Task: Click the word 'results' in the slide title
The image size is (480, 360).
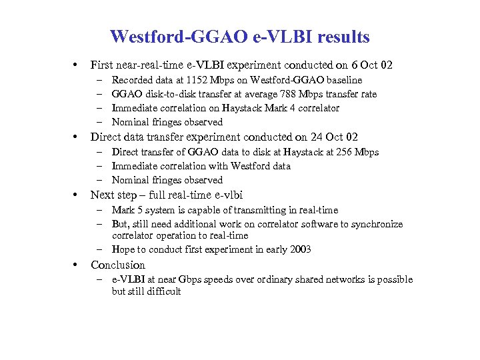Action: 339,36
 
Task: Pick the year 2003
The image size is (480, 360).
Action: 300,249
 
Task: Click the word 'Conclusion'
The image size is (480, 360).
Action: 118,265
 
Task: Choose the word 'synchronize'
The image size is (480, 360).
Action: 377,224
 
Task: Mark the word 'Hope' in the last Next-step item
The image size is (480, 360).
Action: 123,249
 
